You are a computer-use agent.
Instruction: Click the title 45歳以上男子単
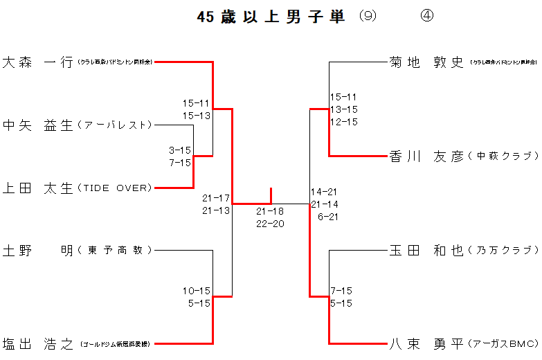point(271,17)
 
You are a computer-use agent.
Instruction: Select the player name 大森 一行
point(38,62)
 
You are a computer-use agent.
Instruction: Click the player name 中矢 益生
point(38,125)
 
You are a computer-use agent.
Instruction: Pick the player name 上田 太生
point(38,188)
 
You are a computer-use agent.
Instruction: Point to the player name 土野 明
point(38,250)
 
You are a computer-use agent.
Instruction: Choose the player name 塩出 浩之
point(38,343)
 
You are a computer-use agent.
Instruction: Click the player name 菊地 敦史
point(426,62)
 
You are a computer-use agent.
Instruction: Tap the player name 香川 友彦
point(426,156)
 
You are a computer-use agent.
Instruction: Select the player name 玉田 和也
point(426,250)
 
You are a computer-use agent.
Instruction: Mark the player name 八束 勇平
point(426,343)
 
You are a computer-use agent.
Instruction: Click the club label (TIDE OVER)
point(114,188)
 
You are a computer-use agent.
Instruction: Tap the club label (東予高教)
point(115,251)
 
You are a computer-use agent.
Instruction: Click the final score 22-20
point(270,223)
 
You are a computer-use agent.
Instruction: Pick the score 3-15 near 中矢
point(180,150)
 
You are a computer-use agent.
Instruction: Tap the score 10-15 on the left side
point(197,291)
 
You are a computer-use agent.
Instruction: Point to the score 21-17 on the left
point(216,198)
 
